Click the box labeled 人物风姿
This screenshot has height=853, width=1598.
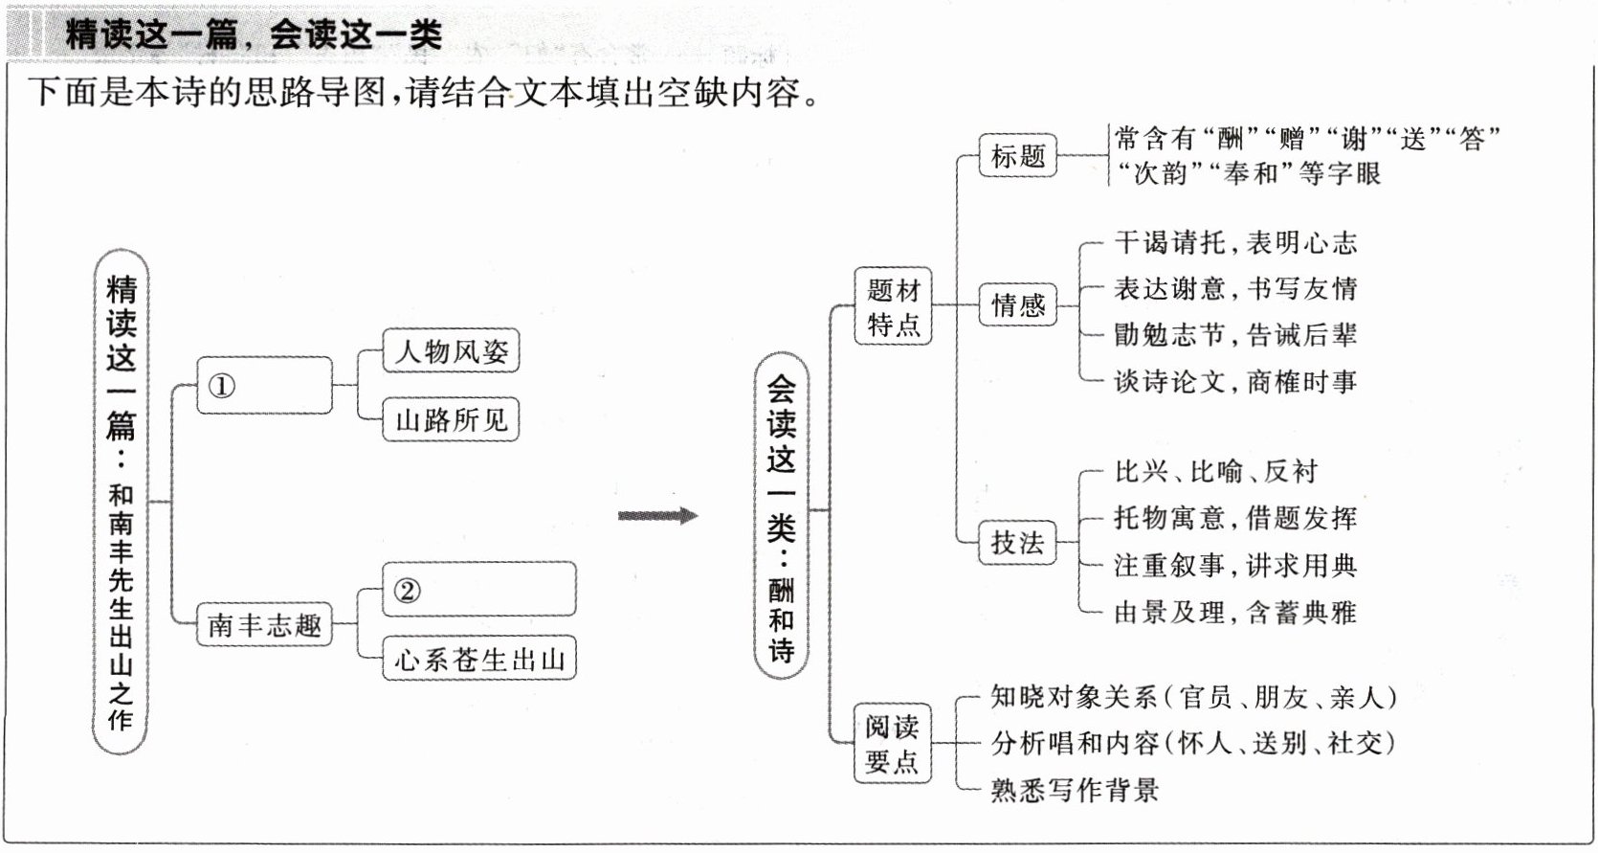point(451,351)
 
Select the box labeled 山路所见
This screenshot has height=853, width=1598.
point(451,419)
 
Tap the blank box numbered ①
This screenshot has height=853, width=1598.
point(264,386)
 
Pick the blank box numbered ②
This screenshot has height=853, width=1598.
point(478,590)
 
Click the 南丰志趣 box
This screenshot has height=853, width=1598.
point(264,625)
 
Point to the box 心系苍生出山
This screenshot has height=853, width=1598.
point(478,659)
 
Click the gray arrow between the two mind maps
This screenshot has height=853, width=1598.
point(657,516)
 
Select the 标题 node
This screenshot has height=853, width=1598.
point(1017,156)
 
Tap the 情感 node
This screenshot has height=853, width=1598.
point(1017,305)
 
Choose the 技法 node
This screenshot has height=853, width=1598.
point(1017,543)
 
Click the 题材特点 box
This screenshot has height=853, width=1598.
point(893,306)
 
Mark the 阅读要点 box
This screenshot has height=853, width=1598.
point(893,744)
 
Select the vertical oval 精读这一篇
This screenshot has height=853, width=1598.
point(121,503)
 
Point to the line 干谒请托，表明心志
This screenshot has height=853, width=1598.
point(1235,243)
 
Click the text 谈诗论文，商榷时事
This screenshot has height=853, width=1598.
point(1235,382)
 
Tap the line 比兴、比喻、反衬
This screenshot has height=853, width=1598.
point(1215,471)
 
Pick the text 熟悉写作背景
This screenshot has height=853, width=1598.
point(1075,790)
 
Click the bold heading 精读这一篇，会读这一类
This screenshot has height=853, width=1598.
point(254,35)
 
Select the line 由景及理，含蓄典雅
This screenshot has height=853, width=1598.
point(1235,612)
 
